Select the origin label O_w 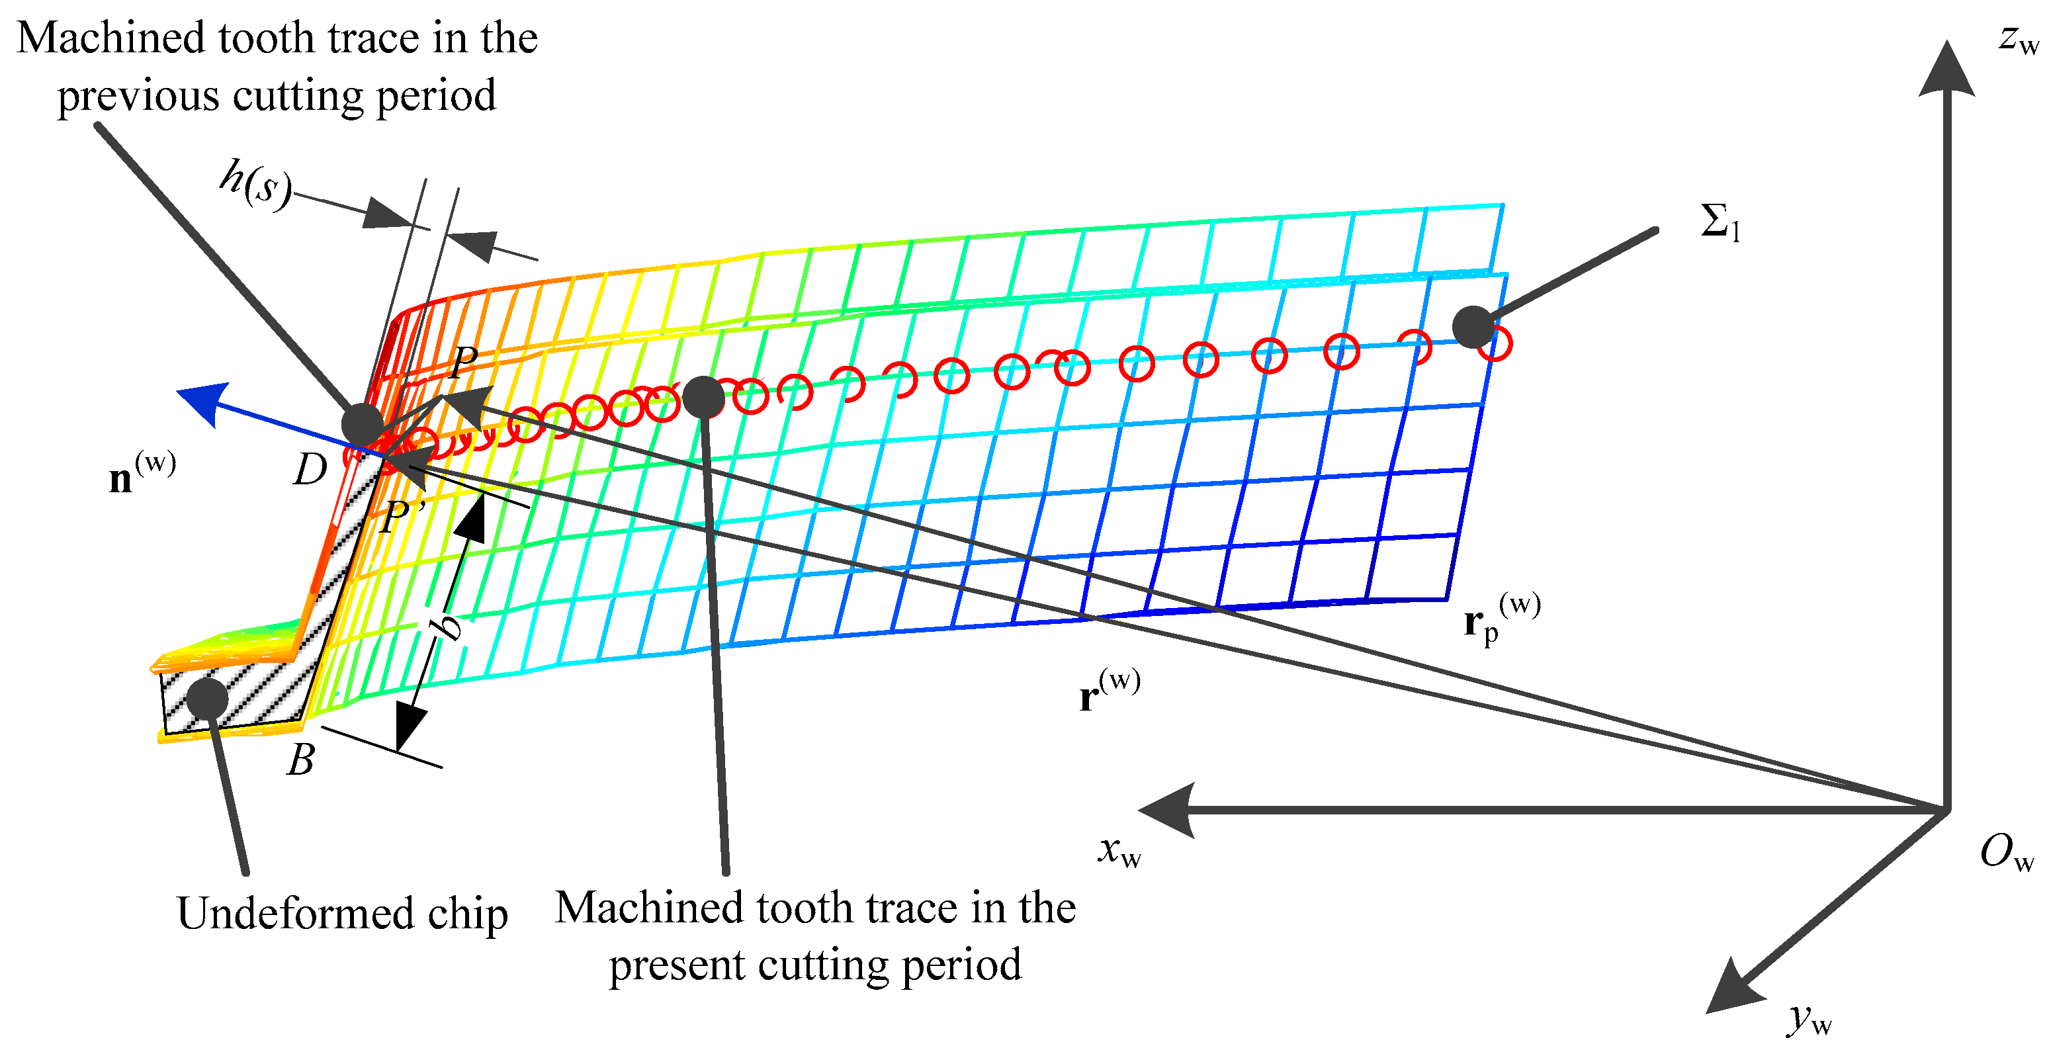click(x=2005, y=853)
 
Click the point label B click(x=300, y=760)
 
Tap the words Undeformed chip click(x=342, y=913)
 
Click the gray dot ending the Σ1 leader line click(x=1473, y=326)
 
